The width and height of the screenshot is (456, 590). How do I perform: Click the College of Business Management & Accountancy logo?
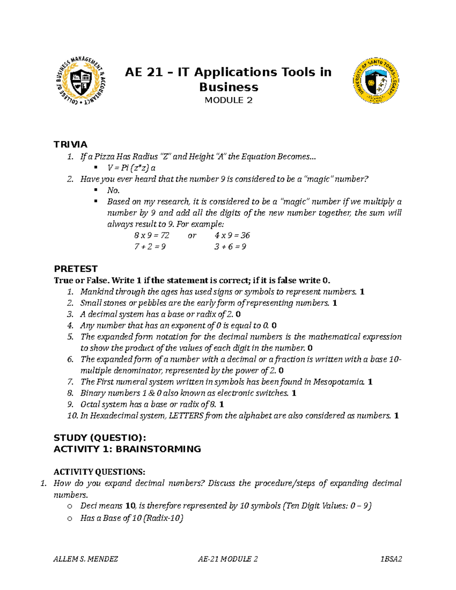(81, 81)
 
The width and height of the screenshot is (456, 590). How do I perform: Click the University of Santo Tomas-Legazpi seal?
(376, 81)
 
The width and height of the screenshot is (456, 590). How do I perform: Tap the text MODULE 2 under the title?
(228, 100)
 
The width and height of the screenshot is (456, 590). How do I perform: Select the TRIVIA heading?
(70, 144)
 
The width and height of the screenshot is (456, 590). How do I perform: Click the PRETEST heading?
(76, 269)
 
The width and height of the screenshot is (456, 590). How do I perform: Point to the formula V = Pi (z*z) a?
(131, 168)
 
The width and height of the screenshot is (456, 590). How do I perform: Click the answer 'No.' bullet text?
(113, 190)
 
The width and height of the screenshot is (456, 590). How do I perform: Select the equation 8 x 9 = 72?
(152, 236)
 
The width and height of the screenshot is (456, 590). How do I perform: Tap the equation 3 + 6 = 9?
(230, 247)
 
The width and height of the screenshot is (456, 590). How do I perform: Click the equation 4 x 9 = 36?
(232, 236)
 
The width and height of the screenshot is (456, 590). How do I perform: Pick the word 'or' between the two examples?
(192, 236)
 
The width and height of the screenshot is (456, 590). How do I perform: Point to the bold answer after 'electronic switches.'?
(294, 393)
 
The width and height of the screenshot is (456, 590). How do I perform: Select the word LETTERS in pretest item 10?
(186, 416)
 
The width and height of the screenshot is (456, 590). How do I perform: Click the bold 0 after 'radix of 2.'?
(238, 314)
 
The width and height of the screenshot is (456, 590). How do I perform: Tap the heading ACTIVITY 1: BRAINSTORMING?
(127, 449)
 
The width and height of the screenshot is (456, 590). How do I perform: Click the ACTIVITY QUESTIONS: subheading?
(99, 472)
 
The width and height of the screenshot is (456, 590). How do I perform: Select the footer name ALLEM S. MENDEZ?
(85, 559)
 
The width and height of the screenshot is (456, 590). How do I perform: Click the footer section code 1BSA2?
(391, 559)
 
